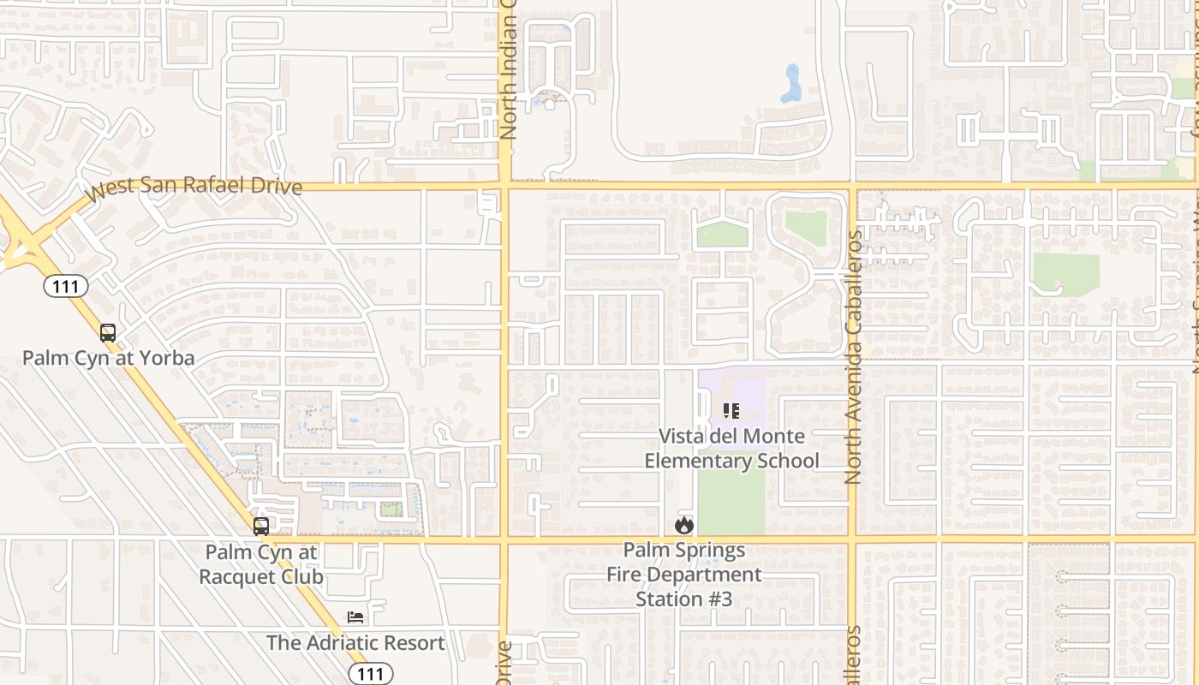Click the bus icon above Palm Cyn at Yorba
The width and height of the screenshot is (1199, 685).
[x=108, y=332]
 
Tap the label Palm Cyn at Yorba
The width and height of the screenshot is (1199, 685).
[x=108, y=358]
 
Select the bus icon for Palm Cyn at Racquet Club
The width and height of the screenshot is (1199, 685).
[x=261, y=526]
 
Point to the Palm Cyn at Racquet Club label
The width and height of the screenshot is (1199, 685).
[x=261, y=564]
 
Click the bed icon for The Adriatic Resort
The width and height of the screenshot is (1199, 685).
[x=355, y=617]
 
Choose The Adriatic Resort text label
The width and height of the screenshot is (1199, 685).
[x=355, y=642]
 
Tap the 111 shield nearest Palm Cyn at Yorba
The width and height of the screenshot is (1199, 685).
[x=65, y=286]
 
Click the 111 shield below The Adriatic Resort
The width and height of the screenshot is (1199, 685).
[x=370, y=674]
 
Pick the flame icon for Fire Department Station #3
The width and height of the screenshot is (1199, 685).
[x=683, y=525]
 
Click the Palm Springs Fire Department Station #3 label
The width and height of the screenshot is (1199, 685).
[x=683, y=574]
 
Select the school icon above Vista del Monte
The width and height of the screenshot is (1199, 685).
[x=731, y=411]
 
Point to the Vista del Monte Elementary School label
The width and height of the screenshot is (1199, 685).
[x=731, y=449]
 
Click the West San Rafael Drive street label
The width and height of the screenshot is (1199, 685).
[x=195, y=186]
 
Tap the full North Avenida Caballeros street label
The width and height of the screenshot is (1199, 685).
[x=853, y=358]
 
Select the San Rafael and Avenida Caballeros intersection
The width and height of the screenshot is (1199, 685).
[x=852, y=185]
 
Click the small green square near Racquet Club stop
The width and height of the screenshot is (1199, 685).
[x=391, y=509]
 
